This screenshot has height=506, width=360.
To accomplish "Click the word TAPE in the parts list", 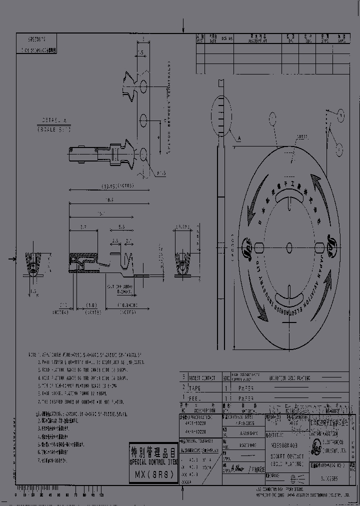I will (198, 388).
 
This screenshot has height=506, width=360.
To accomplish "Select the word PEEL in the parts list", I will (197, 398).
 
